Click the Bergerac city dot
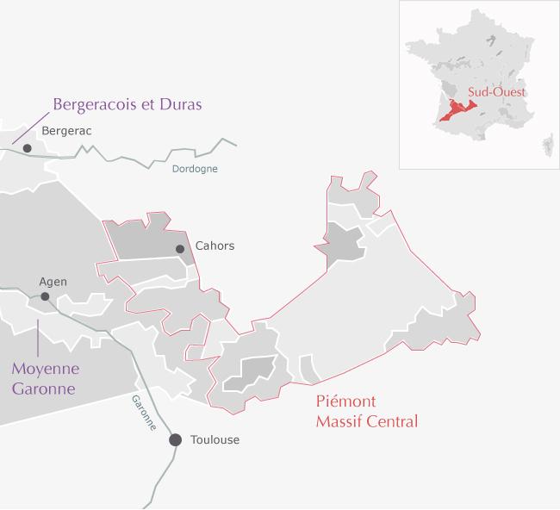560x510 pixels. point(28,148)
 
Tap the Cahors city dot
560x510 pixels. point(180,249)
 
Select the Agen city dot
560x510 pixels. point(45,296)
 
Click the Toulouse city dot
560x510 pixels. point(175,439)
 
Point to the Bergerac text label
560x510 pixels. point(66,130)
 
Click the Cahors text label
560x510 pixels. point(215,246)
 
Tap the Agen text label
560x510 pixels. point(53,281)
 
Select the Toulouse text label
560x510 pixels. point(214,439)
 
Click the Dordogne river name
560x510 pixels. point(194,170)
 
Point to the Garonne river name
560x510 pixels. point(143,414)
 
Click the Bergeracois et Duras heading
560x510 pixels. point(127,104)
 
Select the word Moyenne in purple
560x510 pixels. point(45,369)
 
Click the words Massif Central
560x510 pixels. point(366,421)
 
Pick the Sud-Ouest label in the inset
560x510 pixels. point(496,91)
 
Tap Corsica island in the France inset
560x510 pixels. point(548,140)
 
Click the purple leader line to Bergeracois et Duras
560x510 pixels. point(31,116)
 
